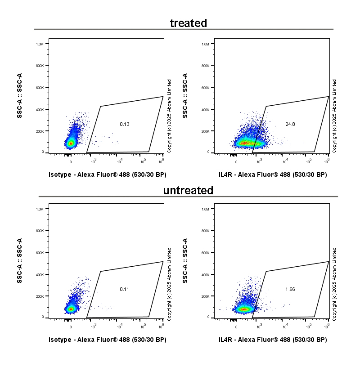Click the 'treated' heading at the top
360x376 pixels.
[x=188, y=23]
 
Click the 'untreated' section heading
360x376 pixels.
[x=188, y=190]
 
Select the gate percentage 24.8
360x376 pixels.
[x=290, y=124]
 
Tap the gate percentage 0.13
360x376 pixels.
[x=125, y=124]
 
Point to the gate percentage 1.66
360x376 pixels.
[x=290, y=289]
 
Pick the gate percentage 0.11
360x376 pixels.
[x=125, y=289]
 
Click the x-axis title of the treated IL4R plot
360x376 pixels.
[x=273, y=175]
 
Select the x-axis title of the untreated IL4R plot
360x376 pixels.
[x=273, y=340]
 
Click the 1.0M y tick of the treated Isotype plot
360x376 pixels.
[x=40, y=44]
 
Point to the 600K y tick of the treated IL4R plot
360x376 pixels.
[x=205, y=88]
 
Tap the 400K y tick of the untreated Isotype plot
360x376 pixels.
[x=40, y=275]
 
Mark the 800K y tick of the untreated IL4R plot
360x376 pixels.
[x=205, y=231]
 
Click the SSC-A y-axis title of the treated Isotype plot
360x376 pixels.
[x=20, y=96]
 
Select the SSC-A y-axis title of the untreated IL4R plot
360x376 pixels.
[x=185, y=261]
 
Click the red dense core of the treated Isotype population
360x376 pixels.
[x=70, y=143]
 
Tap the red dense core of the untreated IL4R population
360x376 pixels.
[x=244, y=309]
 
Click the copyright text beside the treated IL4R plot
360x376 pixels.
[x=334, y=116]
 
